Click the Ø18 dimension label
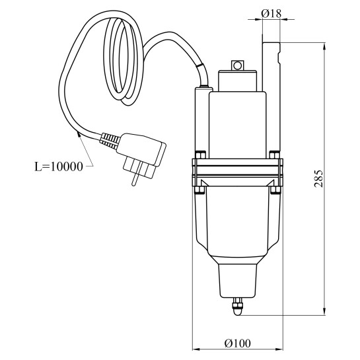[271, 14]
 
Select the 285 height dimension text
[318, 179]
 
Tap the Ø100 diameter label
[238, 343]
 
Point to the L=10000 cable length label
[59, 166]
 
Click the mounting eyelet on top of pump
[237, 65]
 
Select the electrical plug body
[142, 149]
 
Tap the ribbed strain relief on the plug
[110, 140]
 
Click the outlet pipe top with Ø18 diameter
[271, 67]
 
